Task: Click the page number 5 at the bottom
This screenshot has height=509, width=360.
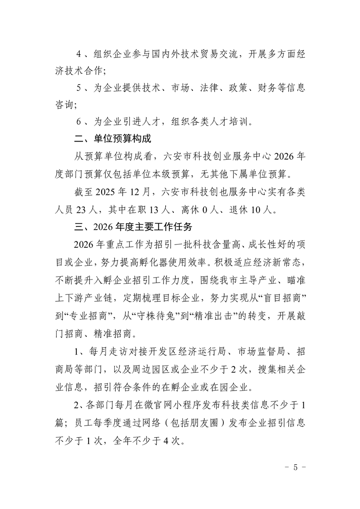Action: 295,468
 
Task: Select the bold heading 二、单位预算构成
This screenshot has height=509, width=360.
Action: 113,138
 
